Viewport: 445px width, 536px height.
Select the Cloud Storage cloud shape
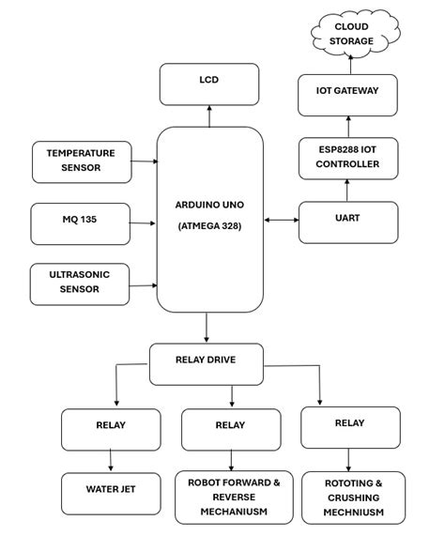(x=354, y=36)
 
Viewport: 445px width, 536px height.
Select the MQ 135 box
(x=81, y=222)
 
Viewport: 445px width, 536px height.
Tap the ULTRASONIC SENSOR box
(x=81, y=283)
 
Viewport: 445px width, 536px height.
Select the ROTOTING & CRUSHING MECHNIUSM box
(x=353, y=498)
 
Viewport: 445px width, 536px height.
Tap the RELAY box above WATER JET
(x=111, y=428)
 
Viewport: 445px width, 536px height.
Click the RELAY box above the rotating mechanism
(x=350, y=426)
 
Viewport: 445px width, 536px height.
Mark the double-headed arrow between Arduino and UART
(x=281, y=221)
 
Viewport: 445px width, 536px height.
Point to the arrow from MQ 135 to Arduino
(x=142, y=223)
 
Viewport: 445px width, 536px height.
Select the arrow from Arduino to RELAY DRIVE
(x=207, y=328)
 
